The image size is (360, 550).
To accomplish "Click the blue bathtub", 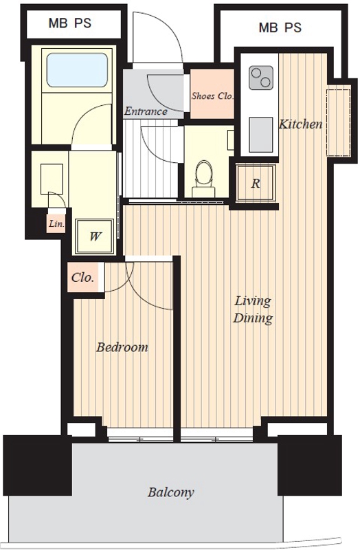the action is pos(77,70).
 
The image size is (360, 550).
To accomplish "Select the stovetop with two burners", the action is pos(261,78).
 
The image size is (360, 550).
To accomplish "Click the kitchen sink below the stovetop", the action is pos(261,135).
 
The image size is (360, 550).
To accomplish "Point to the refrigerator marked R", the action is pos(256,183).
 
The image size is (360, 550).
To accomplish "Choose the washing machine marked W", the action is pos(95,236).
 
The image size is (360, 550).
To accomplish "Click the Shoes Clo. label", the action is pos(212,96).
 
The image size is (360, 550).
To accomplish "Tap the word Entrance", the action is pos(146,111).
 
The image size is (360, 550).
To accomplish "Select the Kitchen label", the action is pos(300,124).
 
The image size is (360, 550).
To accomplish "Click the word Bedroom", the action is pos(122,347).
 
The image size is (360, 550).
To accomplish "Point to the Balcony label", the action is pos(170,492).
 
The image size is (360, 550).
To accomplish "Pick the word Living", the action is pos(252,301).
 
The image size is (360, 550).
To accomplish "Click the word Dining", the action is pos(252,318).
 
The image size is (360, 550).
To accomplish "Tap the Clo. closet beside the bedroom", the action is pos(84,277).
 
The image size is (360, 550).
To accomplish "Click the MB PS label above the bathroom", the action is pos(70,23).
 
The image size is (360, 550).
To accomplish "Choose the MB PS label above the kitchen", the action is pos(280,27).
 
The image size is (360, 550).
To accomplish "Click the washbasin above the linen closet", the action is pos(52,179).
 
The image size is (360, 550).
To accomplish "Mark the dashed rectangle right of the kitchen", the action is pos(338,122).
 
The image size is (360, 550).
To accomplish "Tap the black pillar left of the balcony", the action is pos(38,465).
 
